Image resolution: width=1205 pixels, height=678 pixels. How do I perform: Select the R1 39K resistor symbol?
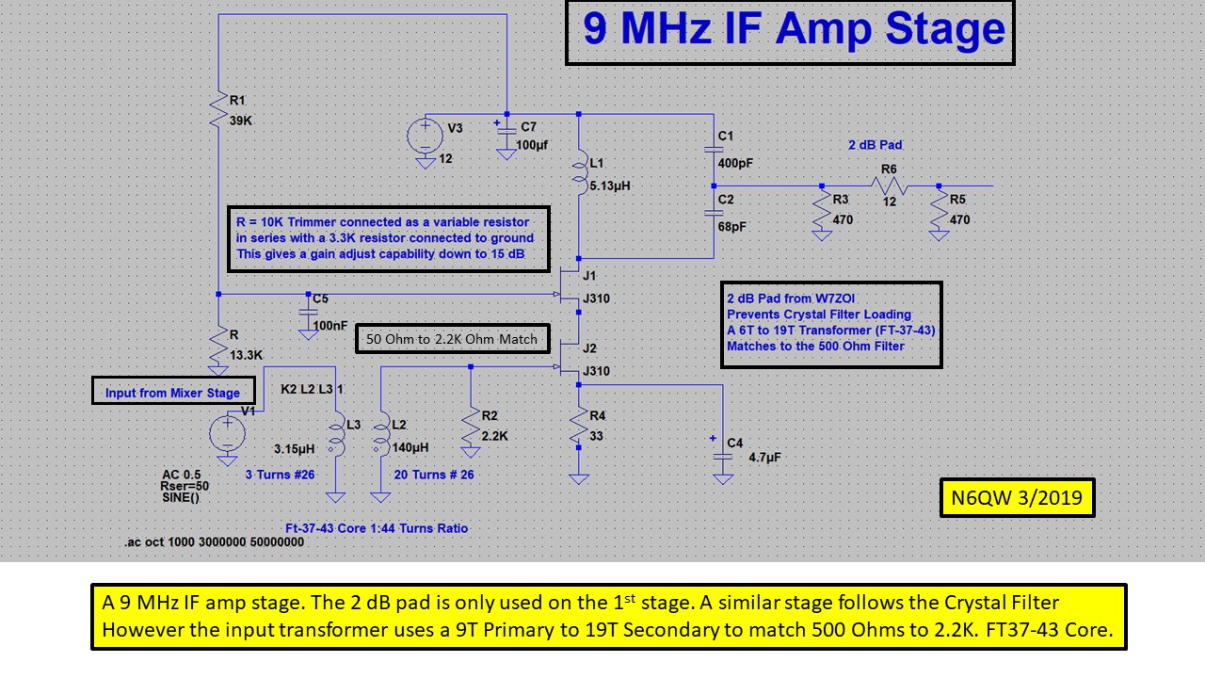click(218, 111)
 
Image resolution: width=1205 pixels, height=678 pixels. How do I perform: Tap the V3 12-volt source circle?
click(425, 135)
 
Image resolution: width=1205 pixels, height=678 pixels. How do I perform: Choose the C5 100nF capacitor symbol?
click(307, 313)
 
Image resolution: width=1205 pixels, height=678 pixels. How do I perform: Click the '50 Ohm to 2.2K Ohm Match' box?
click(452, 339)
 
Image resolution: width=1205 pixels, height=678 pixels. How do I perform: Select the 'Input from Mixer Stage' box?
click(172, 392)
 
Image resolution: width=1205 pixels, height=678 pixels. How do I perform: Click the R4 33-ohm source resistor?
click(578, 428)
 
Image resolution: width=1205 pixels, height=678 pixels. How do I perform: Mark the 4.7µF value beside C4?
click(764, 458)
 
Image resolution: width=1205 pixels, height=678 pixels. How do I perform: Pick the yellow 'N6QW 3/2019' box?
click(1017, 497)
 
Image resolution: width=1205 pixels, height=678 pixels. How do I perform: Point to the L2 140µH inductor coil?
click(381, 437)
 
